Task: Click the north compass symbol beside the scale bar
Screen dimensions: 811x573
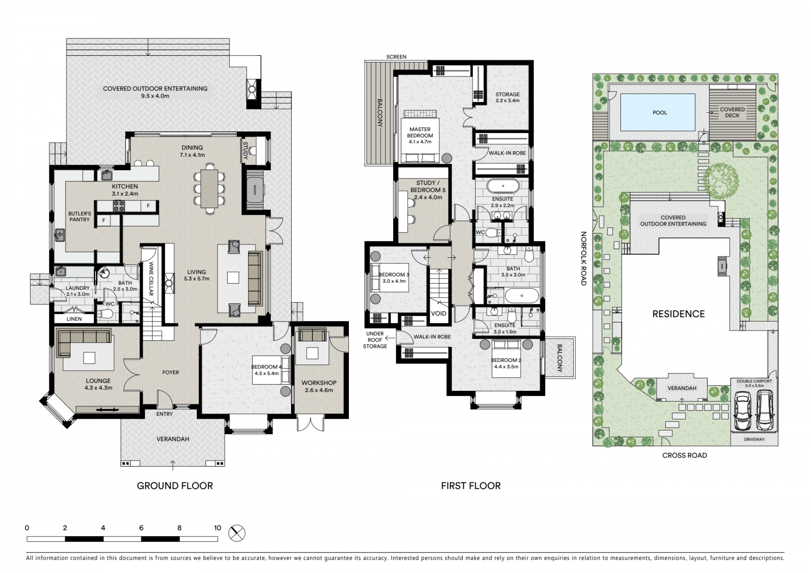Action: click(x=237, y=533)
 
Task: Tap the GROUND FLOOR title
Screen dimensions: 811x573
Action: click(x=175, y=486)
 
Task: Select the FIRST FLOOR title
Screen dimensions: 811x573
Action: click(x=471, y=486)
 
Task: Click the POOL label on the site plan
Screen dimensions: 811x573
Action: click(x=660, y=112)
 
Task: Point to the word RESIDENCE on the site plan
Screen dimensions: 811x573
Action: click(x=678, y=314)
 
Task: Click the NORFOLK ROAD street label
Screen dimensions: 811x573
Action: click(x=583, y=259)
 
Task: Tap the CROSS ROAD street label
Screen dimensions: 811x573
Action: click(x=684, y=455)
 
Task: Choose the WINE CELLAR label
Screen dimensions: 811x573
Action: click(x=151, y=278)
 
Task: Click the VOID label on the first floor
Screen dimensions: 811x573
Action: click(x=438, y=314)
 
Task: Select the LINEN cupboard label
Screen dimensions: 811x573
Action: click(x=74, y=319)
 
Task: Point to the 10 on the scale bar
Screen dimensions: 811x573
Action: click(x=218, y=528)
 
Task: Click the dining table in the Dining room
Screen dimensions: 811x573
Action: click(x=209, y=188)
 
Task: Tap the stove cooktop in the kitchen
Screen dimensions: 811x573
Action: click(x=118, y=206)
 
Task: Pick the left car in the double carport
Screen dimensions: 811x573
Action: click(x=742, y=411)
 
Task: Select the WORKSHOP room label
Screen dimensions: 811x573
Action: click(x=319, y=383)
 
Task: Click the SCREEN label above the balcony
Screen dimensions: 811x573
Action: click(x=396, y=57)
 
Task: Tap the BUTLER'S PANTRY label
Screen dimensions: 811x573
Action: click(x=79, y=217)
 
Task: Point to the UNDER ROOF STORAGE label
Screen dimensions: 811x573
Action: click(x=375, y=340)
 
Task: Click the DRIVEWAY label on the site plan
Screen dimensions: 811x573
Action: click(x=754, y=439)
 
